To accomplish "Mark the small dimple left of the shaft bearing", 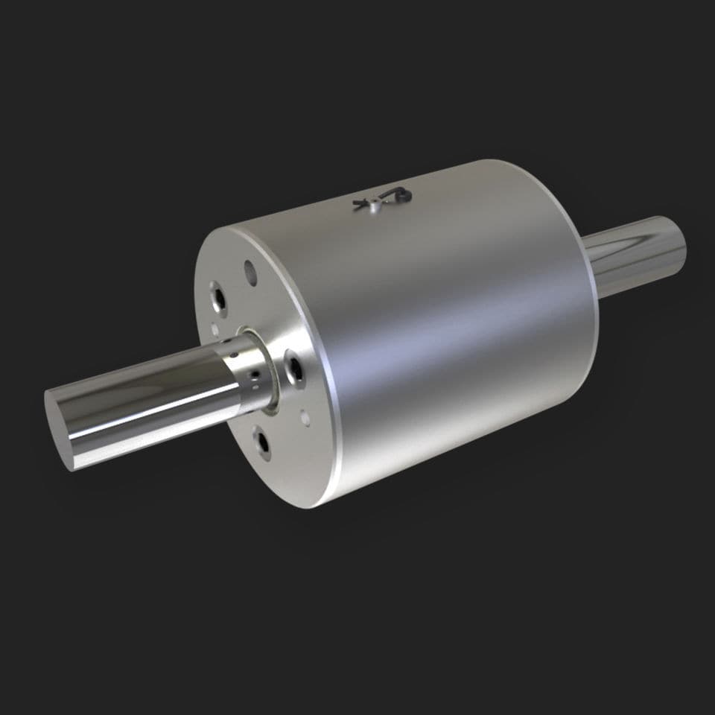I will click(x=214, y=328).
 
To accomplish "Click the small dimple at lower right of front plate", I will click(x=304, y=419).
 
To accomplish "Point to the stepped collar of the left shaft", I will click(x=246, y=369).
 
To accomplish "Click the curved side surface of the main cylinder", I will click(x=447, y=328).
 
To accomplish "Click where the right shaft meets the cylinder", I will click(x=592, y=268).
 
